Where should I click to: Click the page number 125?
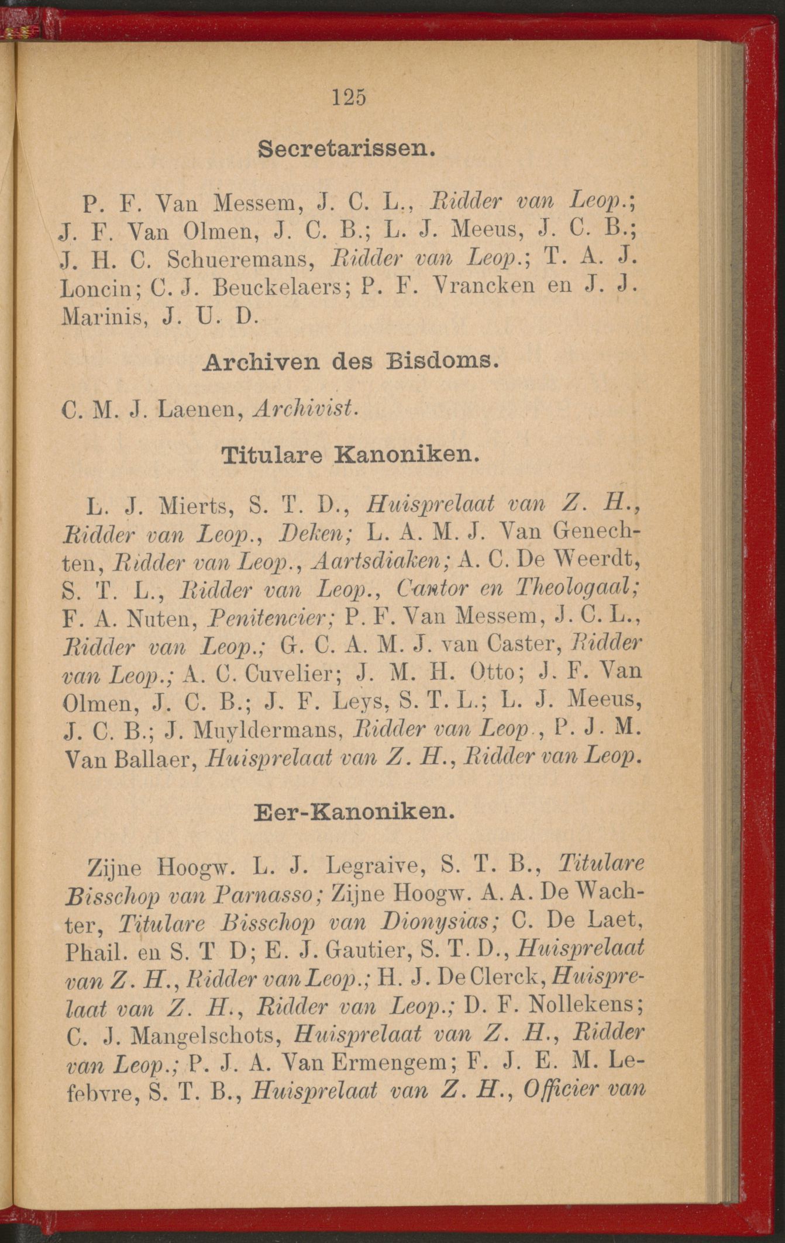click(349, 96)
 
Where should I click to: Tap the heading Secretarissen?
click(347, 149)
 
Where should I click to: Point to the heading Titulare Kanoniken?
click(350, 455)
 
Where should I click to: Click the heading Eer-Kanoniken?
click(354, 812)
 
